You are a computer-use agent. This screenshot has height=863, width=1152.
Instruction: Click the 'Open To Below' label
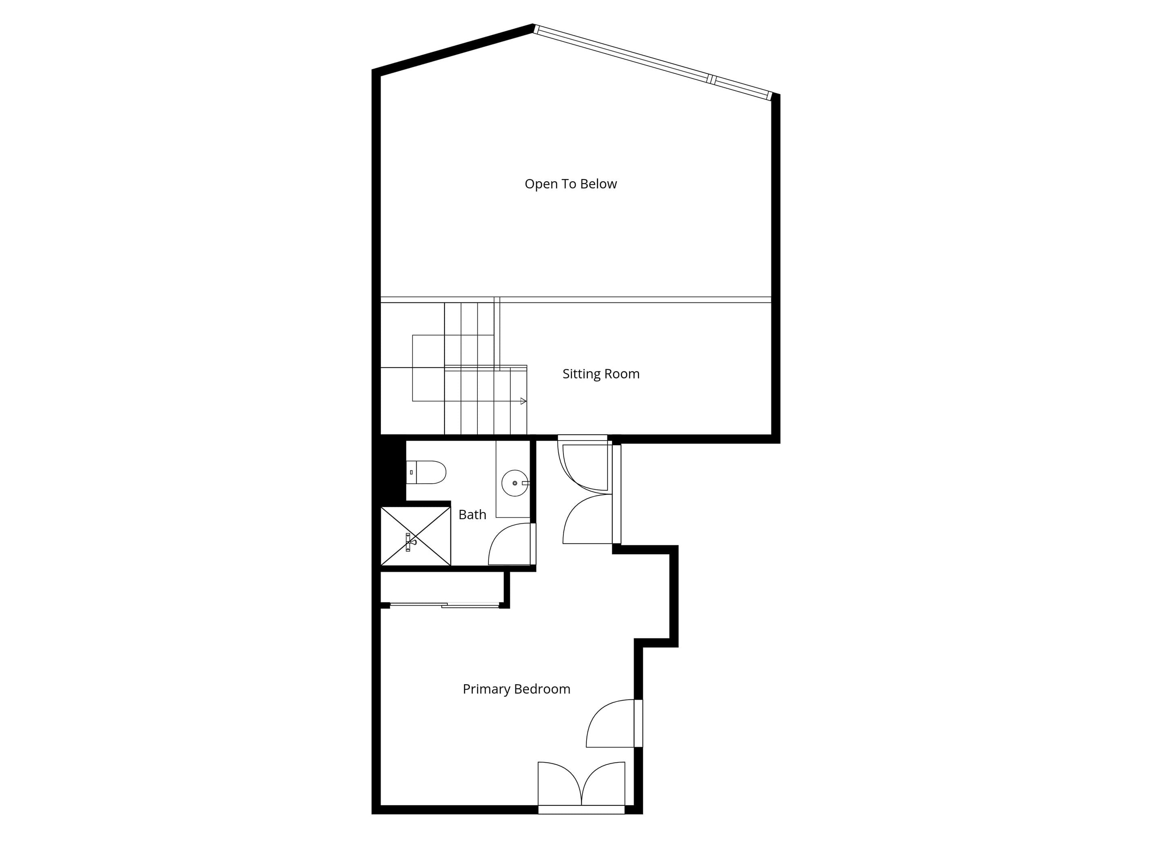click(570, 184)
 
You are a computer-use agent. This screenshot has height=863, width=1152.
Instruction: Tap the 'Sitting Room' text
click(601, 374)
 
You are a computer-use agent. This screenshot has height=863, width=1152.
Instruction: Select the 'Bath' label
click(473, 514)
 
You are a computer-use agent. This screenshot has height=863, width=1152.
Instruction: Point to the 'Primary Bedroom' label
click(517, 689)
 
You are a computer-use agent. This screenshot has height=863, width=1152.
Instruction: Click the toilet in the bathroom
click(426, 472)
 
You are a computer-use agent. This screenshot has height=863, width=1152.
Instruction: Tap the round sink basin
click(514, 483)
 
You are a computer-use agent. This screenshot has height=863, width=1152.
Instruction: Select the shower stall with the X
click(416, 536)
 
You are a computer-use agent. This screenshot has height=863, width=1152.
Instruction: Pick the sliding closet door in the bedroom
click(445, 604)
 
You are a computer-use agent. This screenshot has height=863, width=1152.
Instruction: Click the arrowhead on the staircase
click(523, 401)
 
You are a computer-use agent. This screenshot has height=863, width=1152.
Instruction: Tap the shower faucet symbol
click(410, 542)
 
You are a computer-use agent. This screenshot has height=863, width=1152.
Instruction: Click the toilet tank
click(411, 472)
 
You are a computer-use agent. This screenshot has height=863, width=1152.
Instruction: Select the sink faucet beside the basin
click(525, 483)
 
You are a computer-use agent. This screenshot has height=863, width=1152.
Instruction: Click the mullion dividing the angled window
click(711, 79)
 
